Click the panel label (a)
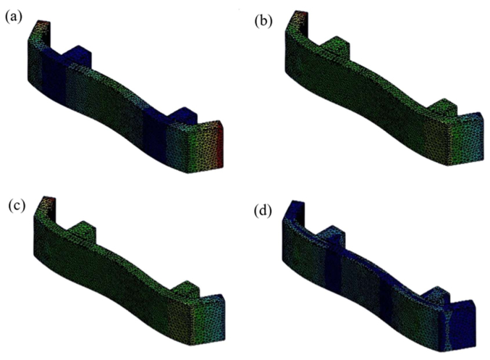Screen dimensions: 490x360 coord(14,17)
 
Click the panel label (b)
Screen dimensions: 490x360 coord(263,21)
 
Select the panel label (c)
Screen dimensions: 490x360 coord(17,206)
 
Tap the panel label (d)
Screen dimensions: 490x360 coord(263,211)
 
